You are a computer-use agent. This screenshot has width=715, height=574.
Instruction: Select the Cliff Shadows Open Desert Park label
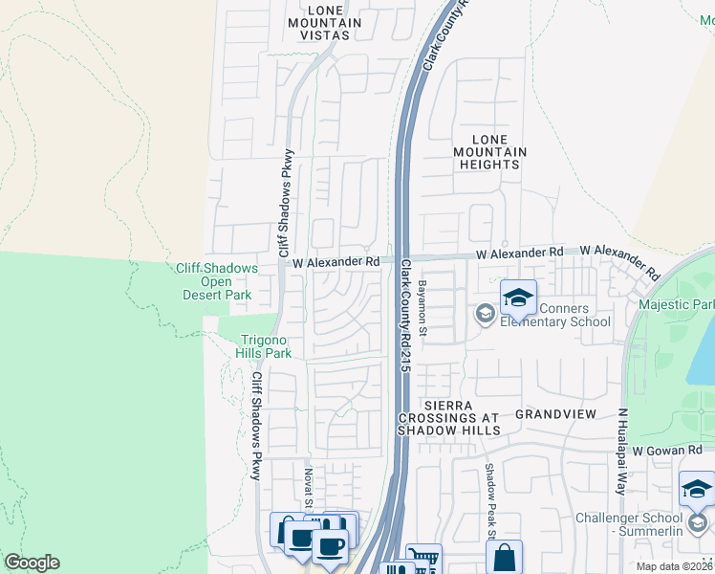(x=216, y=282)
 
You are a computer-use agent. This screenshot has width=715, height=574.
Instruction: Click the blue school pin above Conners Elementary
(x=518, y=298)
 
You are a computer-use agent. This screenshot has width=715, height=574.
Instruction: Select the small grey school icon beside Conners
(x=486, y=313)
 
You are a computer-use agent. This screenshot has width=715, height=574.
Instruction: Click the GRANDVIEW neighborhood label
(x=555, y=414)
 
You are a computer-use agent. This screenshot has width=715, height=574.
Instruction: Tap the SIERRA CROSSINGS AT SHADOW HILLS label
(x=448, y=418)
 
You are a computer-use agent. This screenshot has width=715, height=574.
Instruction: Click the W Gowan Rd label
(x=669, y=450)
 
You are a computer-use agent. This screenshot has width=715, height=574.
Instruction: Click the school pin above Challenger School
(x=697, y=490)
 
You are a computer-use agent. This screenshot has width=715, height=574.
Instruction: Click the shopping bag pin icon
(x=504, y=558)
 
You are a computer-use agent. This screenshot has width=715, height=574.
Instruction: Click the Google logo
(x=32, y=563)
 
